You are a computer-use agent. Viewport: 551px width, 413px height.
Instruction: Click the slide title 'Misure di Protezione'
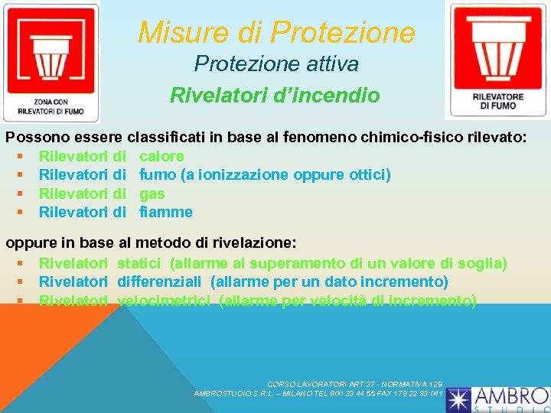[276, 32]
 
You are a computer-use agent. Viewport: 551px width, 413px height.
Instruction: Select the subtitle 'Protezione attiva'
[275, 64]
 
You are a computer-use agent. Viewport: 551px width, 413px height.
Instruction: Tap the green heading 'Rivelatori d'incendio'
[275, 96]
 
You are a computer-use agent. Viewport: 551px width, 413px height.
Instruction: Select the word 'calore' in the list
[161, 156]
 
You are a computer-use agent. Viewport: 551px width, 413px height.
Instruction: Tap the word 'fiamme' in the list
[166, 212]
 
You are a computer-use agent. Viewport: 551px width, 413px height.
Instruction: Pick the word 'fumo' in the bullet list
[157, 175]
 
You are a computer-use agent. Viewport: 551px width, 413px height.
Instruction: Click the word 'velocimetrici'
[164, 301]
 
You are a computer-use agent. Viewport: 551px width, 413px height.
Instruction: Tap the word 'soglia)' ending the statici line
[482, 264]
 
